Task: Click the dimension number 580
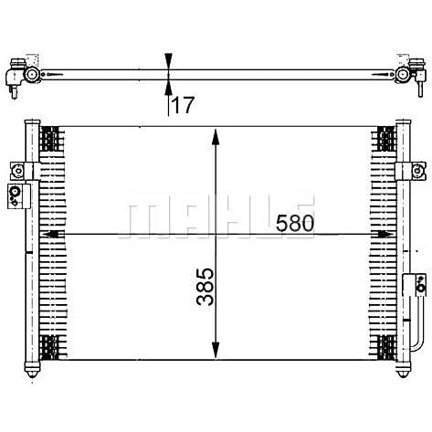click(295, 223)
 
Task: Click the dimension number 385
click(205, 287)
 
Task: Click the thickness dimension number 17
click(183, 105)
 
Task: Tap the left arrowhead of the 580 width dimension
click(53, 235)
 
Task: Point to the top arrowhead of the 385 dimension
click(216, 137)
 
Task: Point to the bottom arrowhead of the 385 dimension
click(216, 350)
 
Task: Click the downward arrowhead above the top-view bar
click(168, 61)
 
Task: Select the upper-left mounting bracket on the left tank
click(25, 171)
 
